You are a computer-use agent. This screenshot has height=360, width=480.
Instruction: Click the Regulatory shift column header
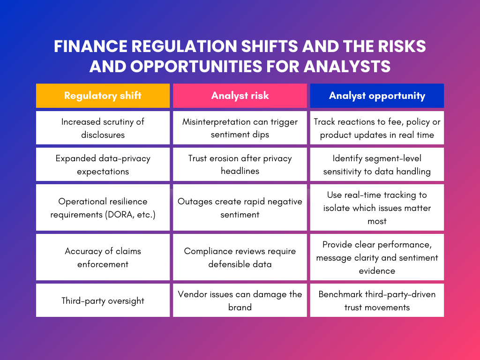click(103, 96)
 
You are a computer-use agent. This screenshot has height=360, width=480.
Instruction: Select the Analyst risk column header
click(240, 96)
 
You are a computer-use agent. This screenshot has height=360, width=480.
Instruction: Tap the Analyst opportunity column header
click(377, 96)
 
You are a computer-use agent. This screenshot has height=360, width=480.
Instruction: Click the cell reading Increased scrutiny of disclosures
click(103, 128)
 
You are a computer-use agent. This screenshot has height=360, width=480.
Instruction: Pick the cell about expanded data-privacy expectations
click(103, 165)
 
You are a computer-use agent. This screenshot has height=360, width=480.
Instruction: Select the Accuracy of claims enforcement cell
click(103, 257)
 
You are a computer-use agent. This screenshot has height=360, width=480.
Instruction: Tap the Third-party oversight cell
click(103, 300)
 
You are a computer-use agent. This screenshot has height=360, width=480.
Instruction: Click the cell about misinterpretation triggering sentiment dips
click(240, 128)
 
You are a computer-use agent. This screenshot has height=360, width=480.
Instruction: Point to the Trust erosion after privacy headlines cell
click(240, 165)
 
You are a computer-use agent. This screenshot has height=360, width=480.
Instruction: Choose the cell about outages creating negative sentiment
click(240, 208)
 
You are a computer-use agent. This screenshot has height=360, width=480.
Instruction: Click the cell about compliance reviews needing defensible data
click(240, 257)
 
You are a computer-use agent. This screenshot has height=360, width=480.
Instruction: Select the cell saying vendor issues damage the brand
click(240, 300)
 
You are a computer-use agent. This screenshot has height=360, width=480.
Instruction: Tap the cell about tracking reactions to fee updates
click(377, 128)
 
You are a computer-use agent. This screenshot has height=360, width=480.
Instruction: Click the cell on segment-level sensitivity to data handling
click(377, 165)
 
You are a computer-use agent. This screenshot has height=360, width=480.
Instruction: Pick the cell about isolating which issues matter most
click(377, 208)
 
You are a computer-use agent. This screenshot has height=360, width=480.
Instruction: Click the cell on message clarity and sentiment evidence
click(377, 257)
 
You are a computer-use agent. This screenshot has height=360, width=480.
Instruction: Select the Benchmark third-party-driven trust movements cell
click(377, 300)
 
